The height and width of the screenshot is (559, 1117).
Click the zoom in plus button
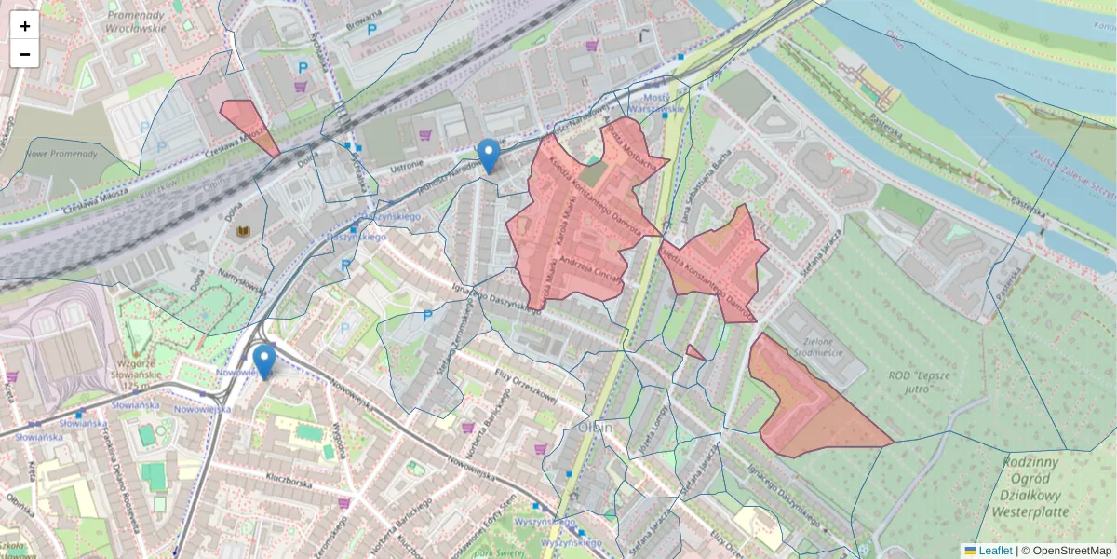25,26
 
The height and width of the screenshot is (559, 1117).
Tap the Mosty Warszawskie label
656,103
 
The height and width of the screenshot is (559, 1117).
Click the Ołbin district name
595,427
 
